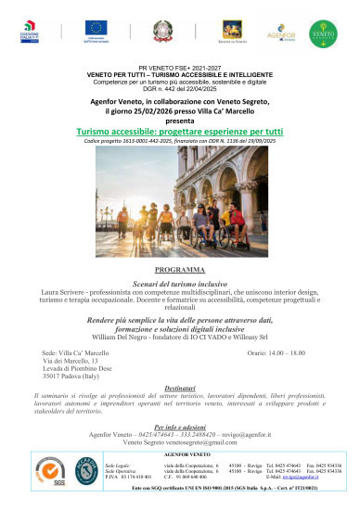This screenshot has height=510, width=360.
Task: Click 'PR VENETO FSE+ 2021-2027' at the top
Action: (x=180, y=70)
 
